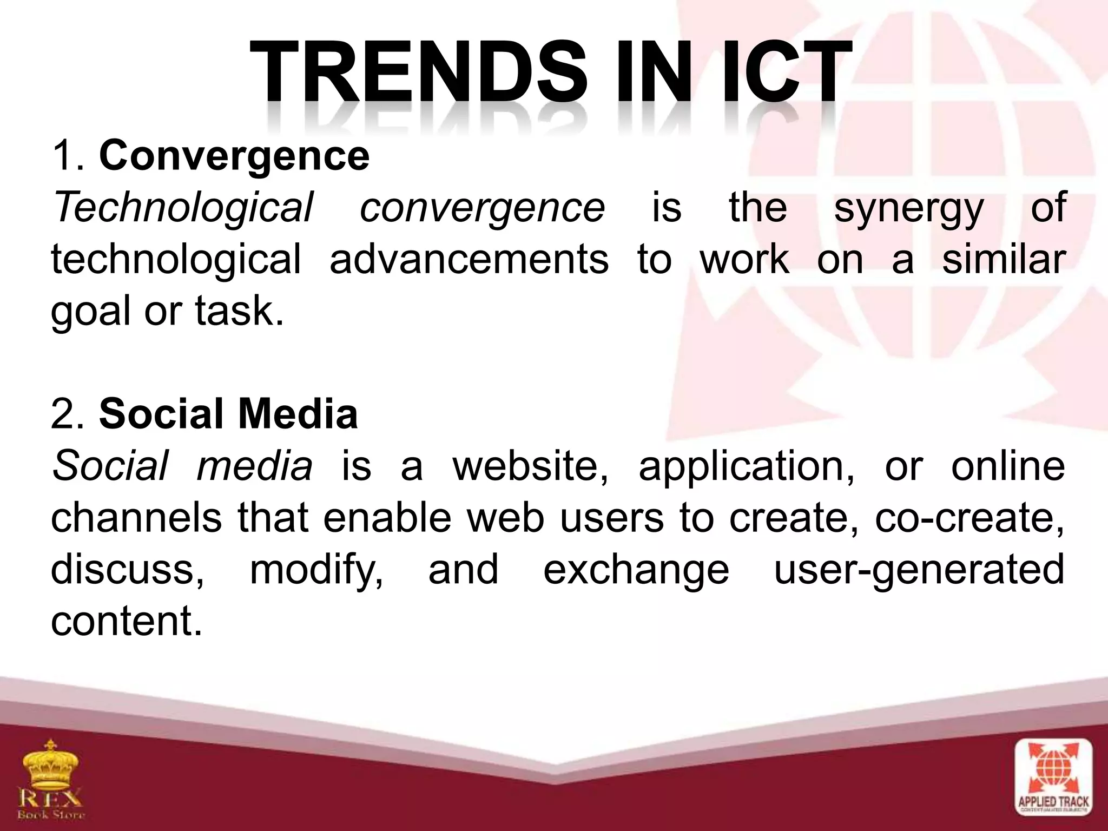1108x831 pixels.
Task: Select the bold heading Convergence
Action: [x=234, y=157]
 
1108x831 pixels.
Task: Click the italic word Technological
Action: [x=182, y=208]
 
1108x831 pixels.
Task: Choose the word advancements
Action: [x=469, y=260]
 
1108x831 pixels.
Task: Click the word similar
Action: [x=1003, y=260]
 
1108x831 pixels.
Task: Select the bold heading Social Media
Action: [x=228, y=414]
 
